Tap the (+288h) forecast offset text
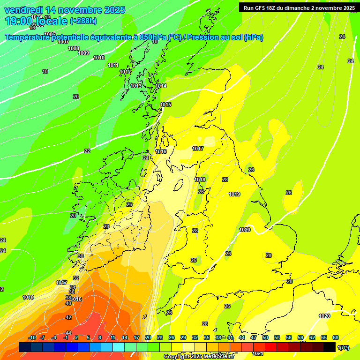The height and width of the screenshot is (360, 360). point(83,21)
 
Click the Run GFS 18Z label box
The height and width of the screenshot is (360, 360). point(299,7)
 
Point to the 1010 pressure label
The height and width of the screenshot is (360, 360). point(99,58)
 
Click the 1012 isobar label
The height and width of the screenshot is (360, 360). point(125,72)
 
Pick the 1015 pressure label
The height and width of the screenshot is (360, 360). point(165,105)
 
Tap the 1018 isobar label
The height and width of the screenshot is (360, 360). point(200,180)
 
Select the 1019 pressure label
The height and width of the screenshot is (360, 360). point(234,195)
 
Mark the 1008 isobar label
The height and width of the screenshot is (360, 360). point(74,48)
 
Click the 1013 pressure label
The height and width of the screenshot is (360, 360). point(136,86)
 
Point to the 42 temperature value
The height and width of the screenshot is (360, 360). point(68,317)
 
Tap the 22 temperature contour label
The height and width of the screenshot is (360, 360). point(87,151)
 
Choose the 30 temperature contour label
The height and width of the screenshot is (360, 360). point(81,256)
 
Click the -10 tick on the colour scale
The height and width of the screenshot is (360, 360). point(32,337)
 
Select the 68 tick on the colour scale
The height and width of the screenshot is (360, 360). point(336,337)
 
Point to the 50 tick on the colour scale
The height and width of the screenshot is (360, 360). point(265,337)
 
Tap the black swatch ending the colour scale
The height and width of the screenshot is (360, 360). point(330,347)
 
